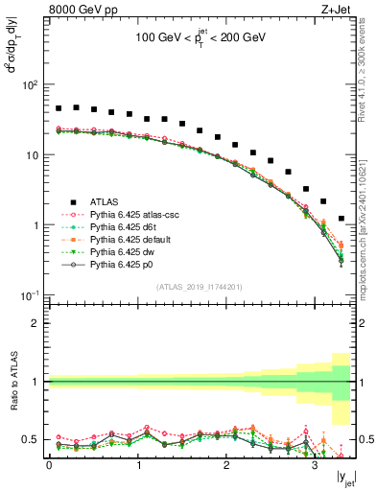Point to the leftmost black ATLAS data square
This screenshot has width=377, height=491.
pyautogui.click(x=59, y=108)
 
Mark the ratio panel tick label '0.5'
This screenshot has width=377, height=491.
pyautogui.click(x=34, y=439)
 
